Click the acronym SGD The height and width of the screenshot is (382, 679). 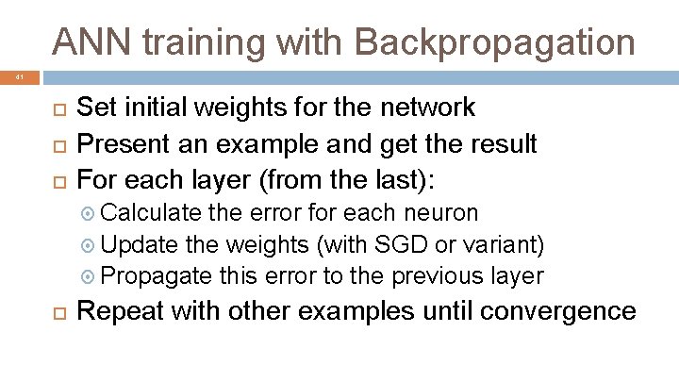(x=405, y=244)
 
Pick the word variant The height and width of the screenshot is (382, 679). (x=506, y=244)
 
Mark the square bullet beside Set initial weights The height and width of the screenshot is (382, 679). (x=55, y=108)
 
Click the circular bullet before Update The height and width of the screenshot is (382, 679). (x=90, y=245)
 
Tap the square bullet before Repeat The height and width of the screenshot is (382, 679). (x=55, y=311)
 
